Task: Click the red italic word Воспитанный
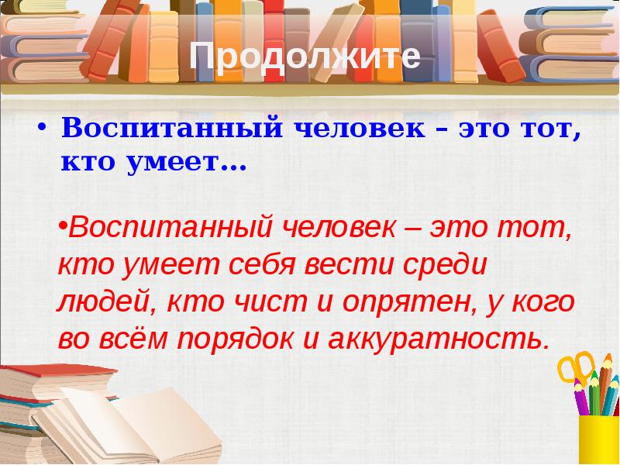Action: click(x=167, y=229)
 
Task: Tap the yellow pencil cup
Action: click(x=599, y=438)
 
